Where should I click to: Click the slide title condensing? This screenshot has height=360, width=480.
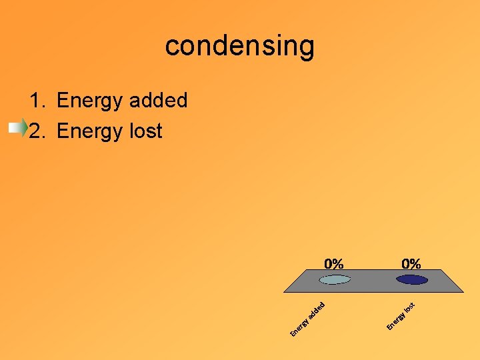point(239,46)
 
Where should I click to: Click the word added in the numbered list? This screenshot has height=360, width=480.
point(158,101)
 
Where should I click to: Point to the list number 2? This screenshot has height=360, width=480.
point(36,131)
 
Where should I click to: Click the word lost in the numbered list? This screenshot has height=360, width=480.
point(145,131)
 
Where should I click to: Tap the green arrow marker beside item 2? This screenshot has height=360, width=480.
point(19,128)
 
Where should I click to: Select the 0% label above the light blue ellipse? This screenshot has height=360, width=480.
point(334,264)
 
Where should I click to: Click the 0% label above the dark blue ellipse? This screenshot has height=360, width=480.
point(411,264)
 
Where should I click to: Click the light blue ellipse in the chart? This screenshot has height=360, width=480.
point(334,279)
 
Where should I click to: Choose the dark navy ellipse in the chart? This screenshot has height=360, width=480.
point(411,279)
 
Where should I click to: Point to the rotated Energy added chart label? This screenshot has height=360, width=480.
point(308,319)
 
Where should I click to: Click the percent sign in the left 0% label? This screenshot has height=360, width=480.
point(339,264)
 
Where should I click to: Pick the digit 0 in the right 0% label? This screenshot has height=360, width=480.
point(405,264)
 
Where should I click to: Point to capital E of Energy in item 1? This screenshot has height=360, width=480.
point(63,101)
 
